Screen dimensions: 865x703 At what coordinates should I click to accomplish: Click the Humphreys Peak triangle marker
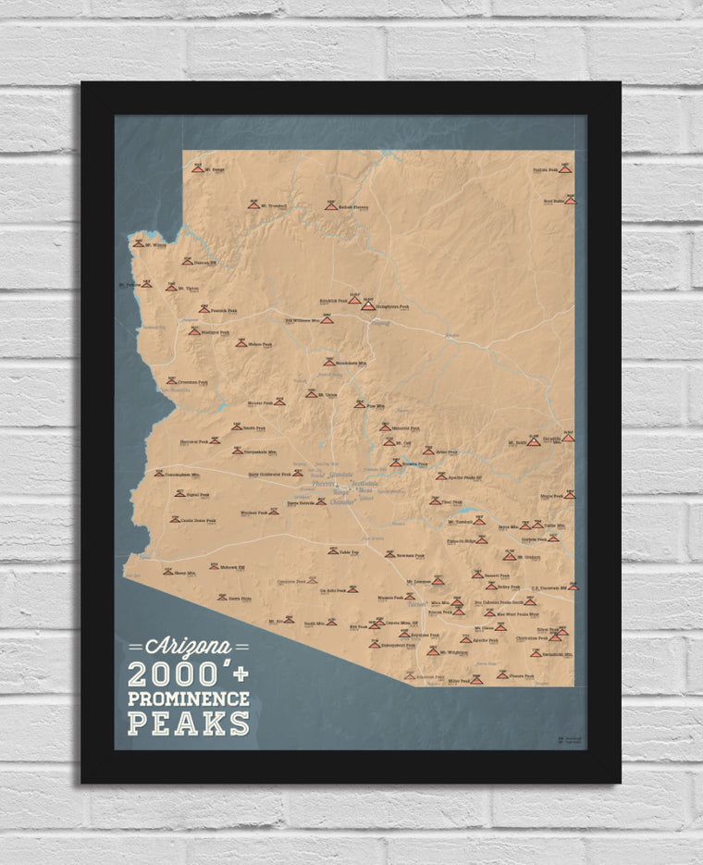point(368,304)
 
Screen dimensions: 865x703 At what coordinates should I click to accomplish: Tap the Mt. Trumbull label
point(274,205)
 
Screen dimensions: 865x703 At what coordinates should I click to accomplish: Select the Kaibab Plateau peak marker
point(330,205)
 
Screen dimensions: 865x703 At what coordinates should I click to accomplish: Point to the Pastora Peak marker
point(564,169)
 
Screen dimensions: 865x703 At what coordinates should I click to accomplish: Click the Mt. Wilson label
point(154,245)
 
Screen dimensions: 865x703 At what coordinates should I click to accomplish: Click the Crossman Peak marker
point(171,380)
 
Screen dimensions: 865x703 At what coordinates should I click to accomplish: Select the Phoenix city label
point(324,484)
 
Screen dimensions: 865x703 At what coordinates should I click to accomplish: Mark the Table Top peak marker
point(332,550)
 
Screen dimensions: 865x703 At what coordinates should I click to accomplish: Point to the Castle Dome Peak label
point(198,520)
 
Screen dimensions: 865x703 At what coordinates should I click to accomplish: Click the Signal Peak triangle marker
point(179,494)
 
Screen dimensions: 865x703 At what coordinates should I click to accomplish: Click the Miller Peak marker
point(476,680)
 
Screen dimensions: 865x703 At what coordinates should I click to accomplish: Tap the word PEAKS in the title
point(189,722)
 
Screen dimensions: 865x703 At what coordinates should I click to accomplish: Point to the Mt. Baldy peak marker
point(533,441)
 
